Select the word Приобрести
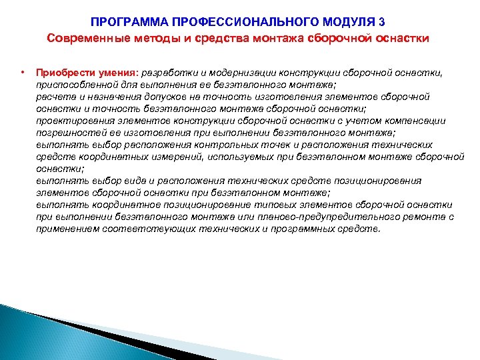pos(61,72)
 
